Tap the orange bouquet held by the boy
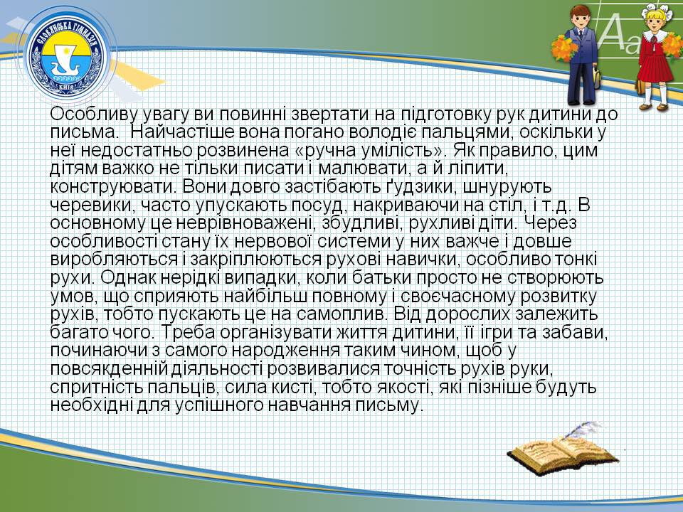563,48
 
